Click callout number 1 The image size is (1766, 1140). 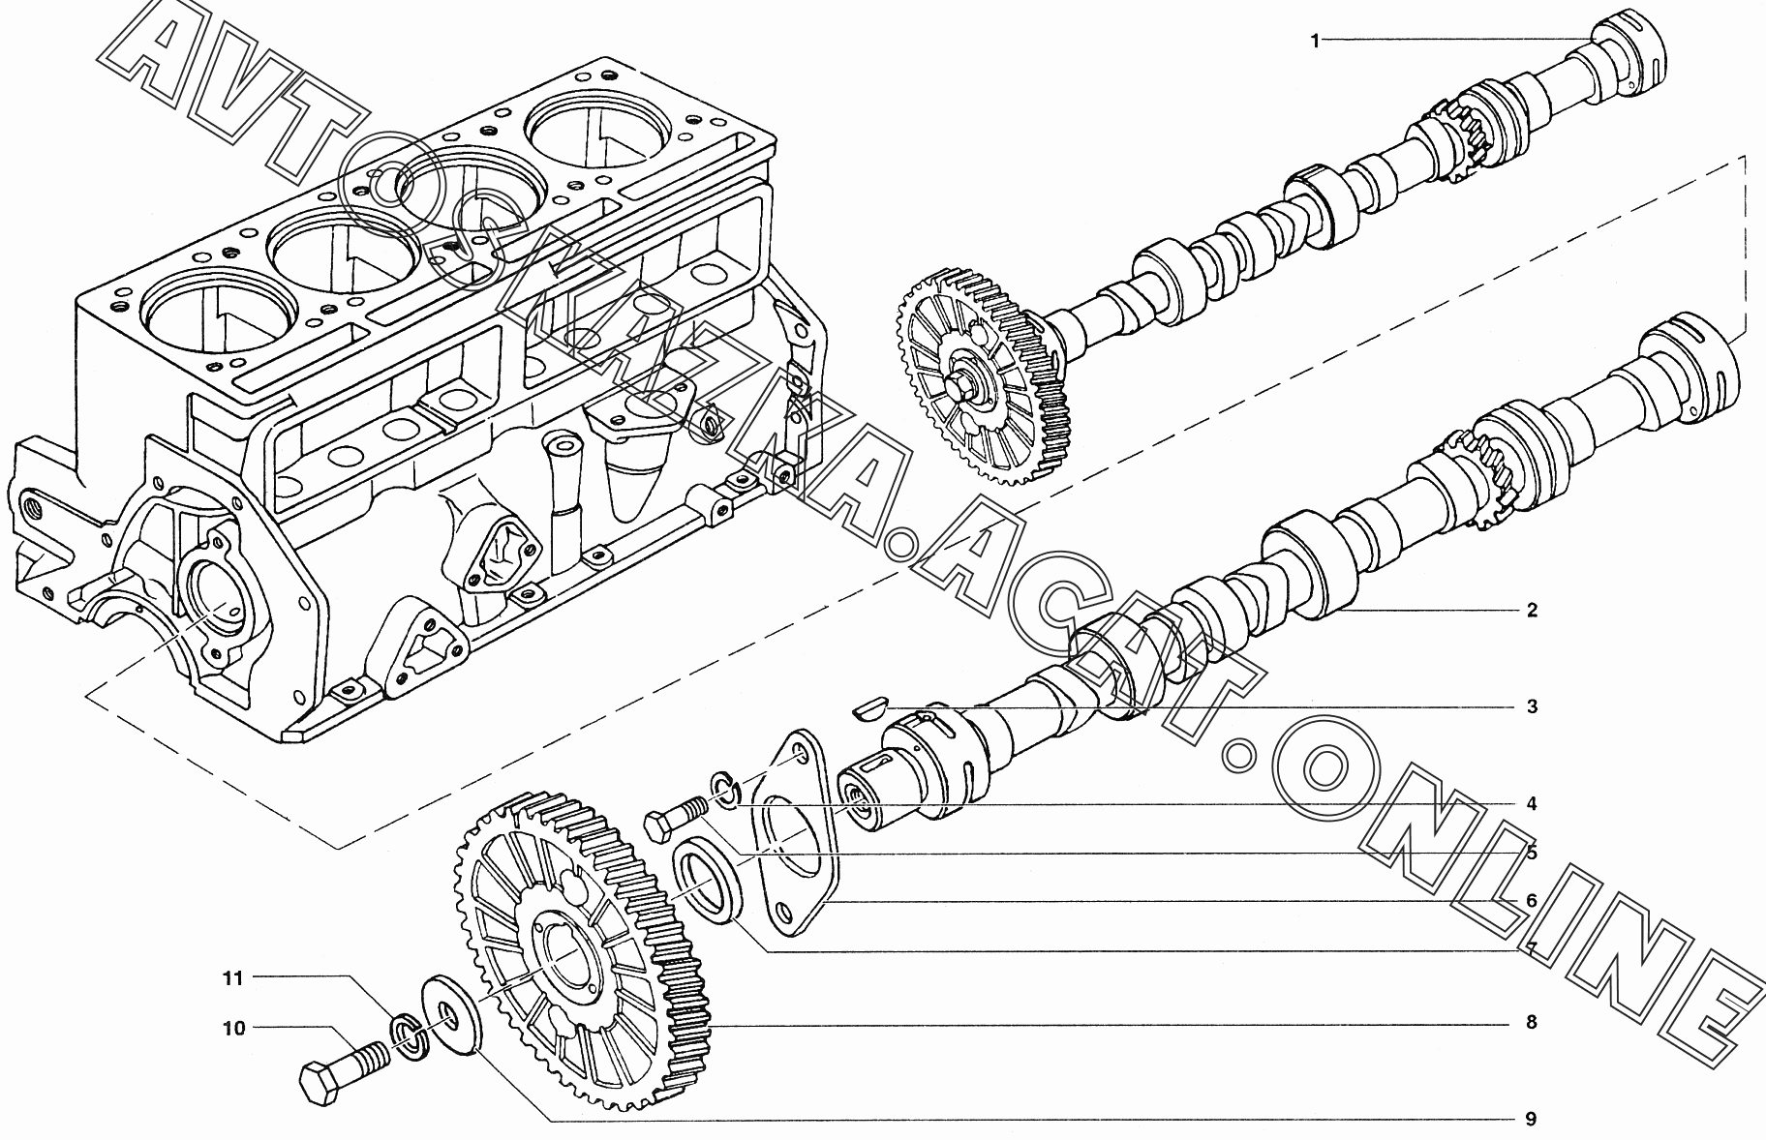[1315, 40]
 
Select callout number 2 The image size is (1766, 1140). [1532, 611]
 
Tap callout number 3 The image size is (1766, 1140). [1532, 707]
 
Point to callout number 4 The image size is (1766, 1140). [1532, 804]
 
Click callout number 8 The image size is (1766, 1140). [1532, 1023]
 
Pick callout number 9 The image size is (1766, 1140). [1532, 1120]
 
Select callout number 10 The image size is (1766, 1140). [235, 1029]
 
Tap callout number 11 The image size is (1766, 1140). [233, 978]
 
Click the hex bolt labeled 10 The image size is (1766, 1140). [344, 1069]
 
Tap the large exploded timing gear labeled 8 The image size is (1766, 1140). [584, 953]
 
